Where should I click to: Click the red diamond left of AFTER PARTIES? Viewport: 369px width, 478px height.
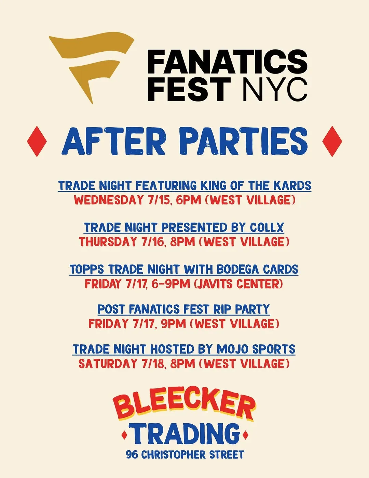37,141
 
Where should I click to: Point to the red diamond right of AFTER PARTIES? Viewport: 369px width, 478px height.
332,141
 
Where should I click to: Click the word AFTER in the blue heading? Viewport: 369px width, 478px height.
113,141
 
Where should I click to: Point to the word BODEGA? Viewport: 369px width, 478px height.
237,269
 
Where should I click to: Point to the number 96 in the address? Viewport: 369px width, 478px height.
132,455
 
